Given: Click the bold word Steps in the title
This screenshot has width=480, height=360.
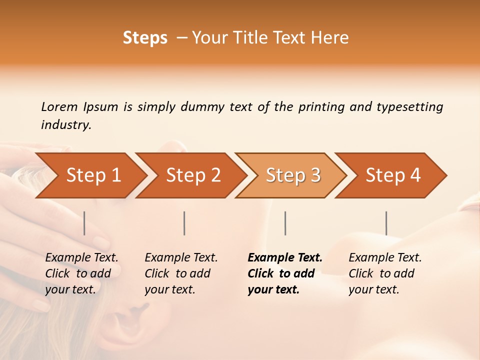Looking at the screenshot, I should [145, 38].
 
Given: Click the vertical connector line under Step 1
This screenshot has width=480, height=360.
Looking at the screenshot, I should [84, 223].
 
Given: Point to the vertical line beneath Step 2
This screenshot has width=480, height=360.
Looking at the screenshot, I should [184, 223].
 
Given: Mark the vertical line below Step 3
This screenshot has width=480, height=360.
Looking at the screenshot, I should [285, 223].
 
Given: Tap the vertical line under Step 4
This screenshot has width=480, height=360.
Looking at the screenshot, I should [386, 223].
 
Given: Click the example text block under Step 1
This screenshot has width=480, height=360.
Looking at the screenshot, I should [81, 273].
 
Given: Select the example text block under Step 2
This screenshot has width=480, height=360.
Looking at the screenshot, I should [180, 273].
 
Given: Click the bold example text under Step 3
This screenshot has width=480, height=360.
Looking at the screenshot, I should [284, 273].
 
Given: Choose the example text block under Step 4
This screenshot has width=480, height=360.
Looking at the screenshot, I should [384, 273].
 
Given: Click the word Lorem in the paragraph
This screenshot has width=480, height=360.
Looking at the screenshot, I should [59, 107].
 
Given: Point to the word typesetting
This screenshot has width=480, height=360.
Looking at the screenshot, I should [409, 107].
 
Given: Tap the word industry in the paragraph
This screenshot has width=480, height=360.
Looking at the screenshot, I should [65, 125].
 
